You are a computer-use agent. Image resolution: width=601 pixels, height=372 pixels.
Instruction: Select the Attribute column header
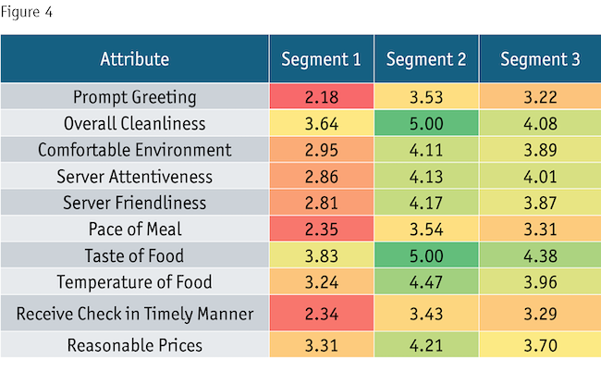135,60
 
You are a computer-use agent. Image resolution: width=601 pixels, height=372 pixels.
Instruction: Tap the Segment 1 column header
321,60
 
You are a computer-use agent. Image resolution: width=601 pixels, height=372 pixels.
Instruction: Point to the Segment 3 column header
540,60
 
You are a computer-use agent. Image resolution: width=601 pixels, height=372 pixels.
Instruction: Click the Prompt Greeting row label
135,96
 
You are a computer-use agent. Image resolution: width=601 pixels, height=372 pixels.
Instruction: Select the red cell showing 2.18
321,96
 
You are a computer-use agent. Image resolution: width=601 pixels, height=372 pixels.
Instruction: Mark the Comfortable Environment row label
135,150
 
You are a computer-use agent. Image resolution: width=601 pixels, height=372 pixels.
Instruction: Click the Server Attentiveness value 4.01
540,177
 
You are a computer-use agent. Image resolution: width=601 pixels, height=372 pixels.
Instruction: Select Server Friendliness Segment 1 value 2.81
321,204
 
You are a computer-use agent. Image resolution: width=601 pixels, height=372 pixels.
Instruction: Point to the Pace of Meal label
135,230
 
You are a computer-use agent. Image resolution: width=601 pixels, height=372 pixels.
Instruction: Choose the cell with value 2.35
321,230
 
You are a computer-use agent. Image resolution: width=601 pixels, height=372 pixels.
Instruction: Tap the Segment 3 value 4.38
540,257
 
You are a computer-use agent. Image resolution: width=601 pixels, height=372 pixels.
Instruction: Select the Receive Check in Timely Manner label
135,315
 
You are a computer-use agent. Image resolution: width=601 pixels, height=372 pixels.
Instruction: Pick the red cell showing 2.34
321,315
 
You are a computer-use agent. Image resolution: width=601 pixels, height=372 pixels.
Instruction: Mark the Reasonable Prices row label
135,347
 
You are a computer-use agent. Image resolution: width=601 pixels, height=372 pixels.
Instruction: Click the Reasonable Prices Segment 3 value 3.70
540,347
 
